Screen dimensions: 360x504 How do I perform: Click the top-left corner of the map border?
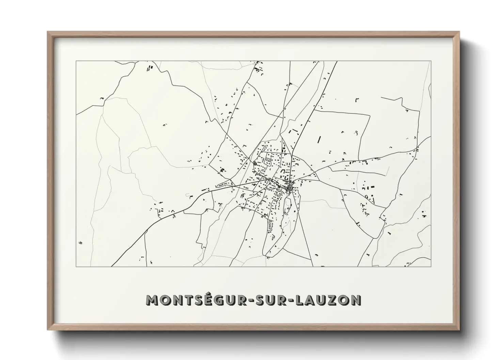76,61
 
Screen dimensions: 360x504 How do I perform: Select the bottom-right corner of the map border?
431,266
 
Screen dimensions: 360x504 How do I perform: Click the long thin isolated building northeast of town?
319,139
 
